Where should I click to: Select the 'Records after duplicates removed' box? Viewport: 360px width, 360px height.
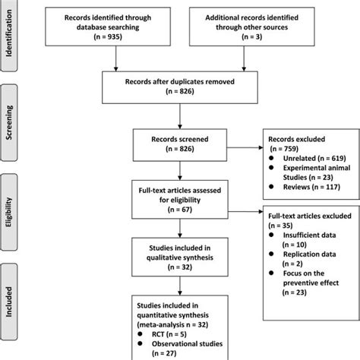pyautogui.click(x=181, y=87)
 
